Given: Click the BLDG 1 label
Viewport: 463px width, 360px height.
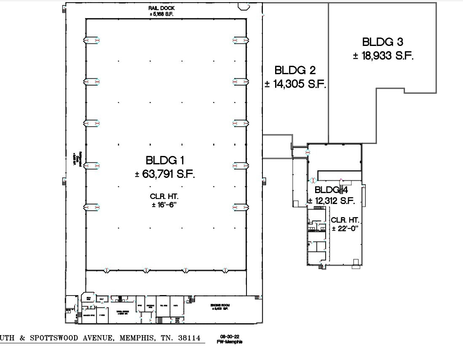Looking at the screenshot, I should (x=165, y=160).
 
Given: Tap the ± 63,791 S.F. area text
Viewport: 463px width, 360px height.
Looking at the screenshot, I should (x=165, y=175).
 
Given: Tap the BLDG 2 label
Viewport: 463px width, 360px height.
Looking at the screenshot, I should (x=295, y=70).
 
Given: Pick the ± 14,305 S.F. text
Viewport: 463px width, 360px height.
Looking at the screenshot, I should (x=295, y=84).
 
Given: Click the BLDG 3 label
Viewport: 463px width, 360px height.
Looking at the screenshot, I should (x=382, y=42).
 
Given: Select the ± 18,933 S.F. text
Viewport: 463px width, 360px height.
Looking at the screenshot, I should (x=383, y=56).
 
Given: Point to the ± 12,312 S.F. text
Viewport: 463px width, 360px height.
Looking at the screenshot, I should (x=332, y=201).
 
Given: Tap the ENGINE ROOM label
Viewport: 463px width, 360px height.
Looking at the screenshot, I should (x=219, y=305).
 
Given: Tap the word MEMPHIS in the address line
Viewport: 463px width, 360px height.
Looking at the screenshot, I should (x=136, y=338).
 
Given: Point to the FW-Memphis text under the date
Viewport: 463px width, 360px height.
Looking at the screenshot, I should (x=229, y=341).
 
